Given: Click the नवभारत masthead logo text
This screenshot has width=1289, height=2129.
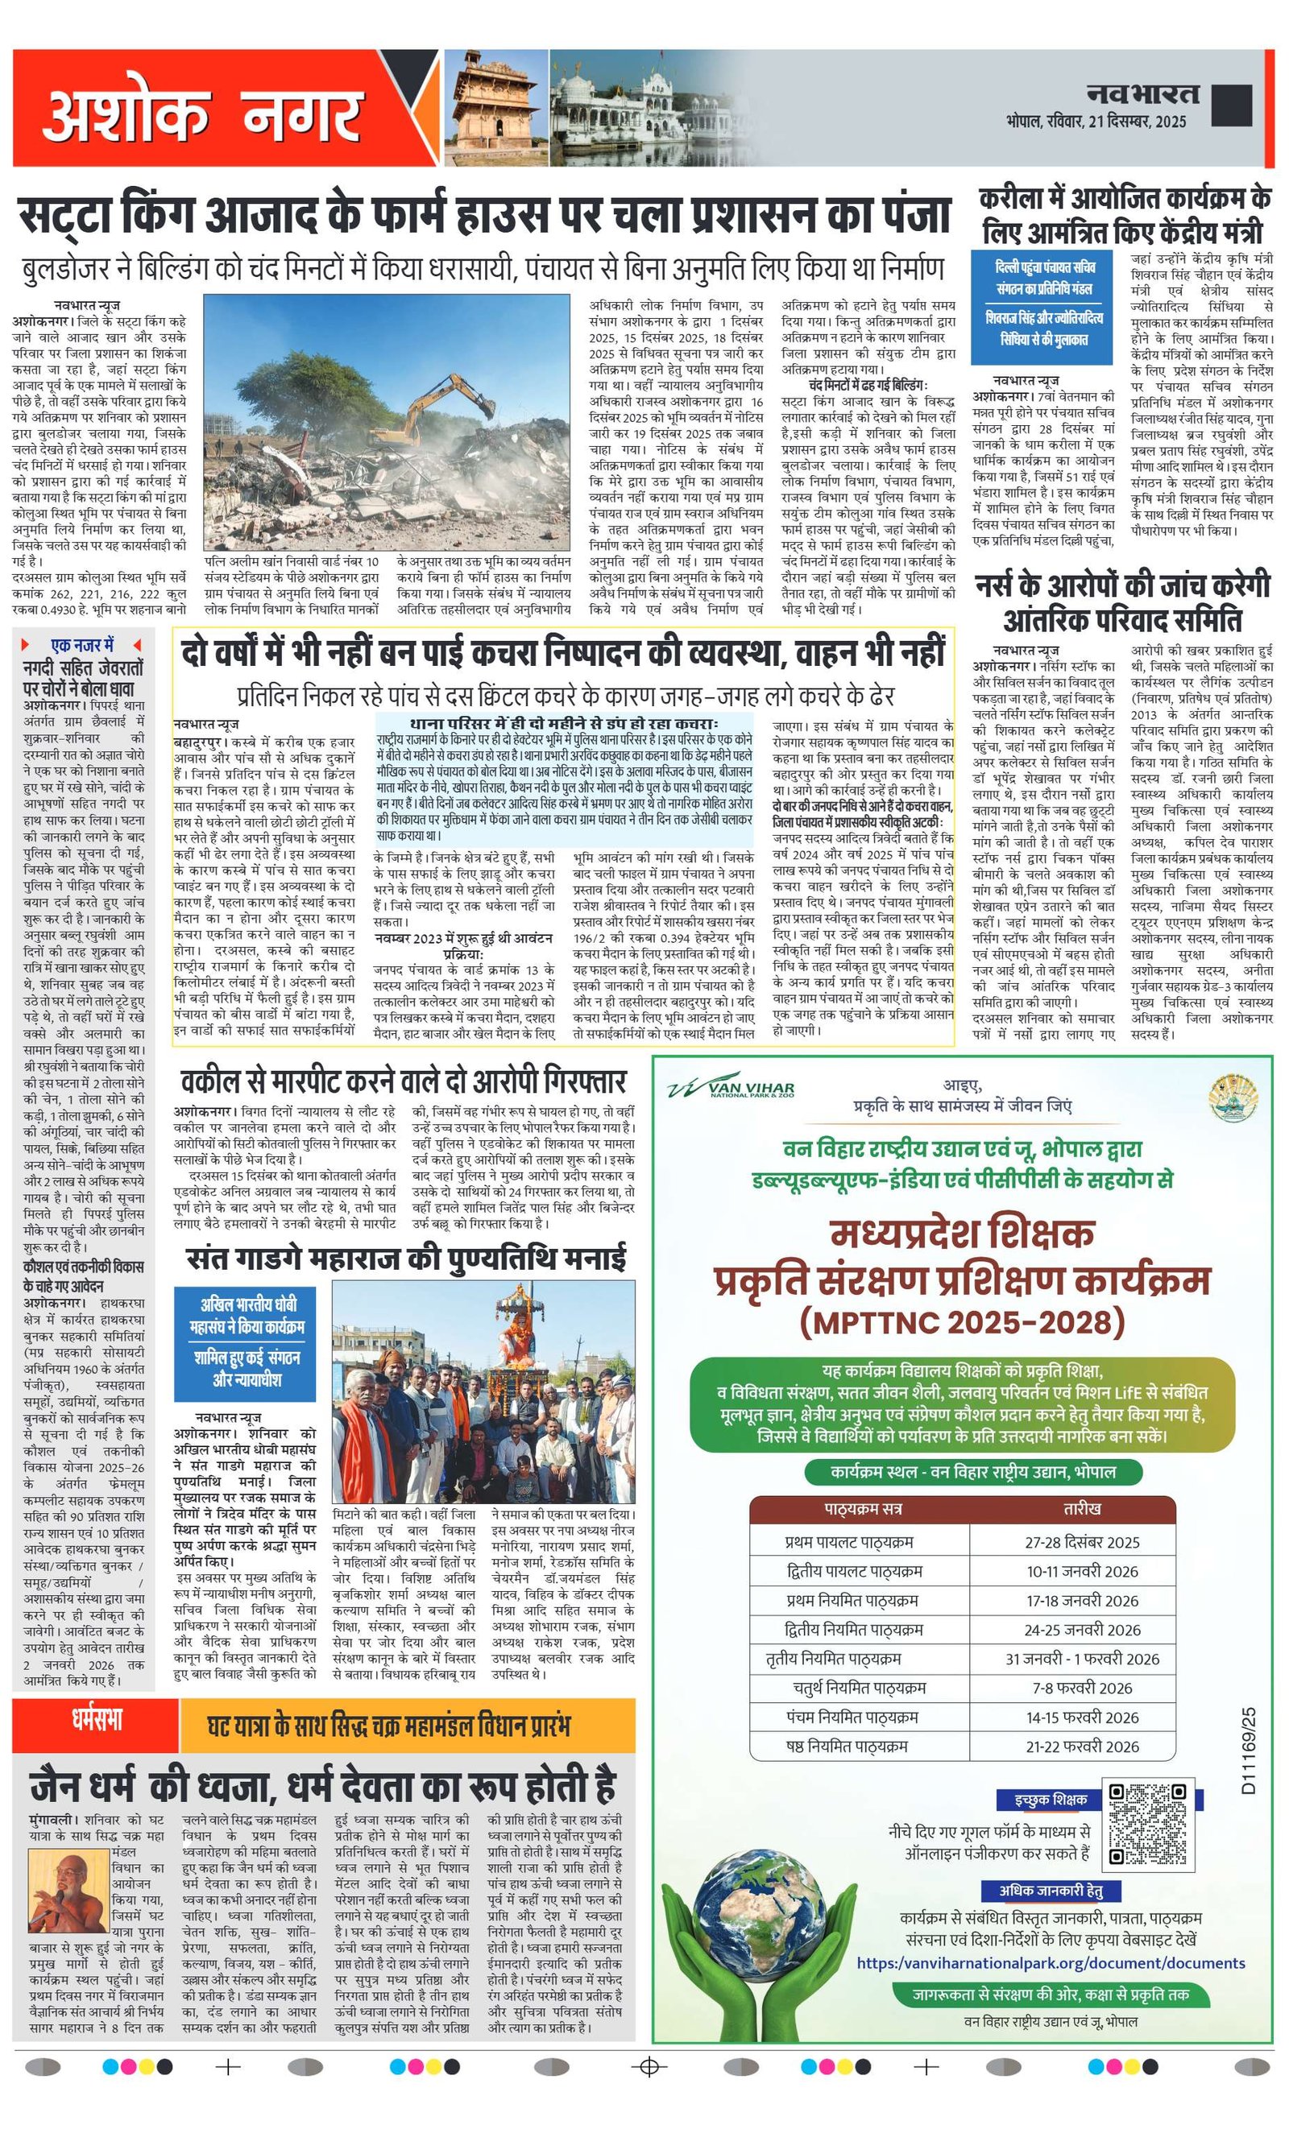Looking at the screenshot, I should pyautogui.click(x=1143, y=94).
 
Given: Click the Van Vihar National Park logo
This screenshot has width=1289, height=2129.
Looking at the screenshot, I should pyautogui.click(x=731, y=1089).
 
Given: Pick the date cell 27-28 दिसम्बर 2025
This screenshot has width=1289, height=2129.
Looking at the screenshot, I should pyautogui.click(x=1083, y=1542).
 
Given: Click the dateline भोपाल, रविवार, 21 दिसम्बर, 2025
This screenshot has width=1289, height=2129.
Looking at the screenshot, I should pyautogui.click(x=1096, y=121).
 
